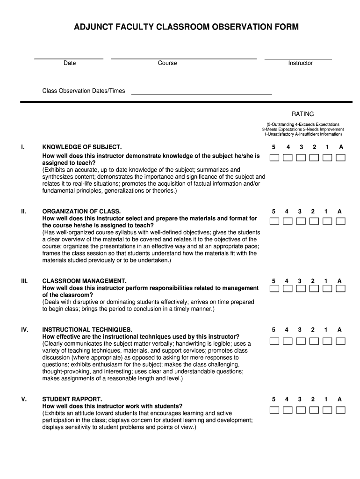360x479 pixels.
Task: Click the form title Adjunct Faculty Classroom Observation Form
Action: (186, 28)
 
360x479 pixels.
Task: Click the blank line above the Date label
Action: (69, 58)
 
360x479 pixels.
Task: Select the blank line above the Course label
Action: (184, 58)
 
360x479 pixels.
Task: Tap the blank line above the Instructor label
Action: (298, 58)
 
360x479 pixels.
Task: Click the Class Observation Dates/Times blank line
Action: (202, 94)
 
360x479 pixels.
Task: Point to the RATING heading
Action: (302, 114)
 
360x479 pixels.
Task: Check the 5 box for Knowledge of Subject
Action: (274, 157)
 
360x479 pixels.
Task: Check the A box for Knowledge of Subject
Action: (341, 157)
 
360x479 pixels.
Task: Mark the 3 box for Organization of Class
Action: (301, 221)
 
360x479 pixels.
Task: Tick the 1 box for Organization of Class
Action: (327, 221)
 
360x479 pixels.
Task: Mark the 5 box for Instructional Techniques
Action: (274, 340)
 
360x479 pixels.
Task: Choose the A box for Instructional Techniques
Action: (341, 340)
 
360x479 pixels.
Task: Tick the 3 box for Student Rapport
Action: (301, 410)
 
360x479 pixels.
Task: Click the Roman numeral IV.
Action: (24, 330)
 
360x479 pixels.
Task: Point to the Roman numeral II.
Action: (23, 211)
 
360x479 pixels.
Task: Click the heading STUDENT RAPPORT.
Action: (72, 399)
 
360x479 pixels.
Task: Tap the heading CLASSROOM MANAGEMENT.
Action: (84, 281)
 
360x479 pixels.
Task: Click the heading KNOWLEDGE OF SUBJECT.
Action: (82, 147)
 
